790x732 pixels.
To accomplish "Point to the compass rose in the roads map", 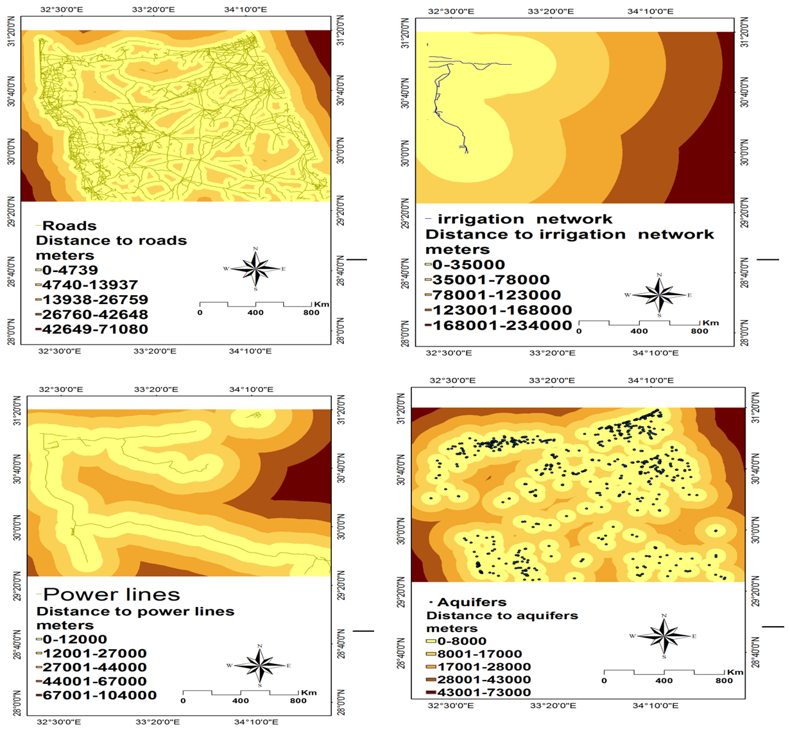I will [256, 269].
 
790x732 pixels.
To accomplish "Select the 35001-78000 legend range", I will [491, 280].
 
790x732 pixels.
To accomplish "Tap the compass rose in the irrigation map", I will [659, 295].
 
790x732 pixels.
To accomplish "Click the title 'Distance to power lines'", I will [135, 611].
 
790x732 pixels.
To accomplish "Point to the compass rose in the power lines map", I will [259, 665].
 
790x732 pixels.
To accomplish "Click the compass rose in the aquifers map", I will [664, 636].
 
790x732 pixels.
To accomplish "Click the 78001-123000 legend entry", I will [496, 295].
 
